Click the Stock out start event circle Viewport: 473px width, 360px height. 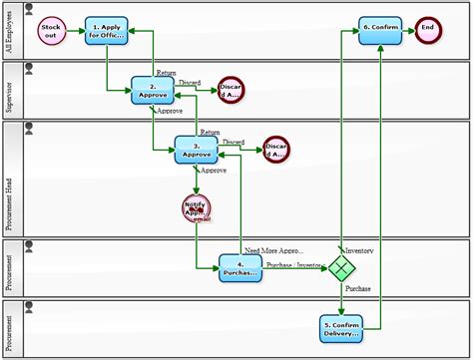coord(51,30)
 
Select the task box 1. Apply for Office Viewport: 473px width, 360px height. coord(107,30)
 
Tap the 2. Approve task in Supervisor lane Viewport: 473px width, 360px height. coord(153,91)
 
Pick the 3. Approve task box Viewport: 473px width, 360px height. coord(196,151)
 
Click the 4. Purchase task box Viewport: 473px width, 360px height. coord(240,268)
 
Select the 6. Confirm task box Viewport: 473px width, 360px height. coord(380,30)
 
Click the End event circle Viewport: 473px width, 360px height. coord(428,30)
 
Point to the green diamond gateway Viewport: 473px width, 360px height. coord(342,267)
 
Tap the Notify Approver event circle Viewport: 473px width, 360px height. coord(197,208)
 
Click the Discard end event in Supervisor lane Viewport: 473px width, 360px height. coord(231,91)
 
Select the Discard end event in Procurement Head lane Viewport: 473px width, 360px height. coord(276,150)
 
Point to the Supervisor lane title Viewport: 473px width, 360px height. coord(10,92)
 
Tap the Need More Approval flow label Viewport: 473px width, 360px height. coord(273,250)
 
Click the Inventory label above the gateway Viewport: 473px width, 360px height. coord(359,250)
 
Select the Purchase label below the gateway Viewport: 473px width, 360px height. coord(358,288)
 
